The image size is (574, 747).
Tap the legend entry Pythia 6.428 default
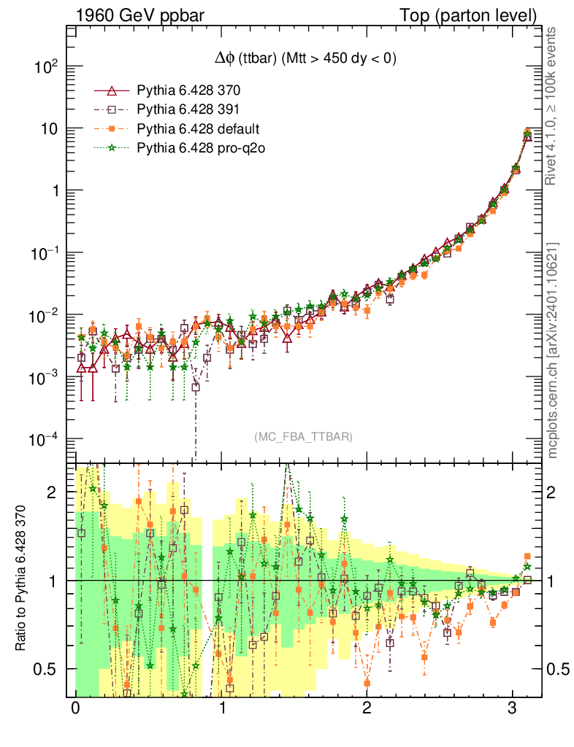pyautogui.click(x=198, y=129)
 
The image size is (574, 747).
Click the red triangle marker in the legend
pyautogui.click(x=112, y=91)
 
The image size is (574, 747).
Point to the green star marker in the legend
pyautogui.click(x=112, y=148)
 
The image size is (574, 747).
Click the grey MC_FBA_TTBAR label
pyautogui.click(x=303, y=437)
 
